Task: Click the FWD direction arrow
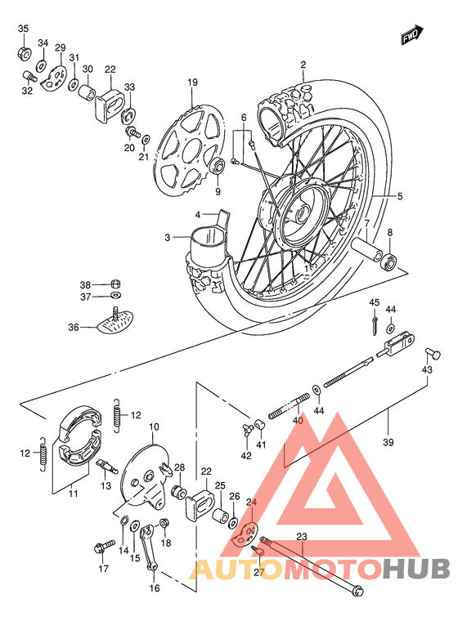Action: coord(411,35)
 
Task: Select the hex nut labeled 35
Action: coord(23,54)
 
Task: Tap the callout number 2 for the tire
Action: coord(303,65)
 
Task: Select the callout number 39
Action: coord(388,442)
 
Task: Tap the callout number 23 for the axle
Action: coord(301,537)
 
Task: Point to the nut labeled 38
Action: coord(115,283)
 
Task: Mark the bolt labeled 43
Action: coord(434,354)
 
